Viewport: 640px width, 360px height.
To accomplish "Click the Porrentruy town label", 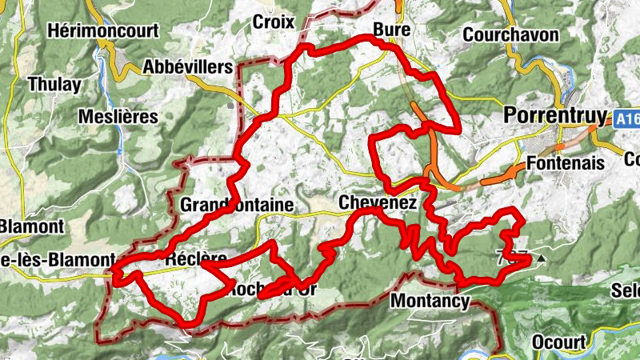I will tap(555, 115).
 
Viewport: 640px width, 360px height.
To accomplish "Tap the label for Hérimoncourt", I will tap(103, 31).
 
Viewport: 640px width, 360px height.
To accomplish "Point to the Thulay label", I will tap(54, 84).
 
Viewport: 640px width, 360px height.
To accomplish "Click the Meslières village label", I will tap(118, 117).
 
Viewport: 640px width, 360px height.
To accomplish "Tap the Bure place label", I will tap(391, 30).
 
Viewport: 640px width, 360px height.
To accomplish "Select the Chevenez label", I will tap(378, 203).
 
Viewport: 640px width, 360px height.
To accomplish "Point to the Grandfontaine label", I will tap(238, 205).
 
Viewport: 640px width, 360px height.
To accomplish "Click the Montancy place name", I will tap(429, 302).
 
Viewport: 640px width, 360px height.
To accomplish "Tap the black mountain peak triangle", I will tap(542, 258).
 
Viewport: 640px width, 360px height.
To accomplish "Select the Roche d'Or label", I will tap(268, 289).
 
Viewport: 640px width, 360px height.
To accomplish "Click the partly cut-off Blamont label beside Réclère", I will tap(57, 260).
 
